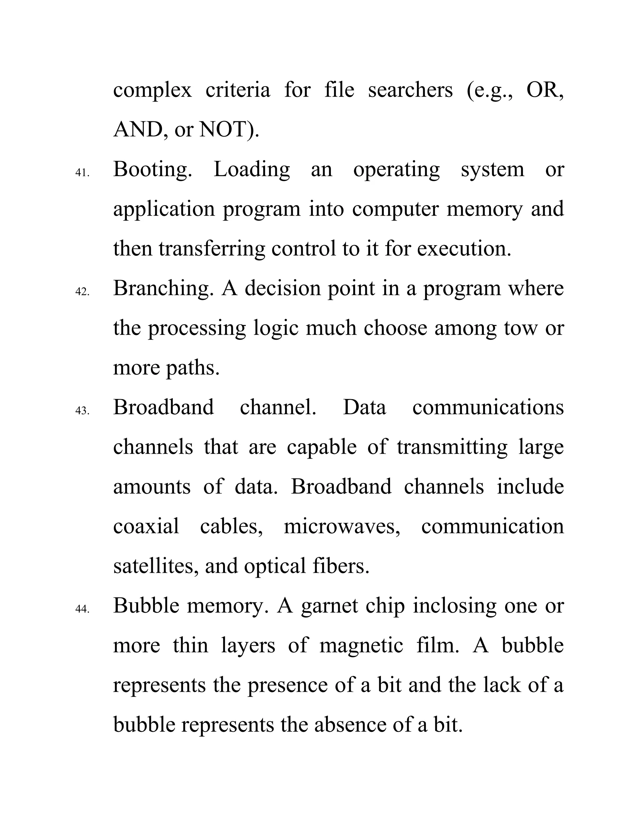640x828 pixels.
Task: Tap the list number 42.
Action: (x=82, y=292)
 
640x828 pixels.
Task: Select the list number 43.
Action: (x=82, y=411)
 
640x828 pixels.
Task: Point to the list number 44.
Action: (x=82, y=609)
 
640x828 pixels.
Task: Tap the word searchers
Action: (x=410, y=90)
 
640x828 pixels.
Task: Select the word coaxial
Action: (x=146, y=526)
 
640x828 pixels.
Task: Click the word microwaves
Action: (x=341, y=526)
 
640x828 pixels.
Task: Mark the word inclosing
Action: (x=454, y=606)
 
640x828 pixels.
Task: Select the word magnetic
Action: (x=361, y=645)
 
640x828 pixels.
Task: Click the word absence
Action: (x=352, y=725)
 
